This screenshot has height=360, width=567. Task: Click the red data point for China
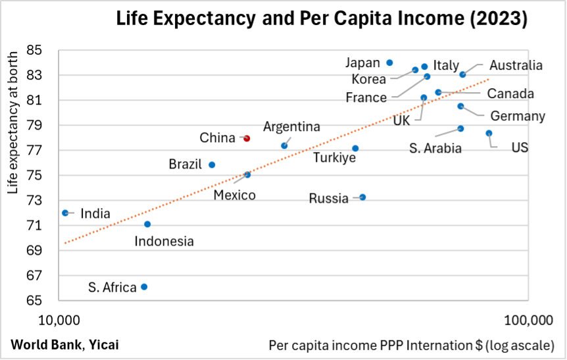(x=247, y=138)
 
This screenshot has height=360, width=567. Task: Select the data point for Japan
(x=389, y=63)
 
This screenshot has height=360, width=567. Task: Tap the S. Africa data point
(x=144, y=287)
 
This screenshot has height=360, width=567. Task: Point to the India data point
(x=65, y=213)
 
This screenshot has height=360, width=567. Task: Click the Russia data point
(x=362, y=197)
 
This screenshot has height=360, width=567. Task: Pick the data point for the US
(x=489, y=133)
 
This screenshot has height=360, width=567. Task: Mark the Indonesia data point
(x=147, y=224)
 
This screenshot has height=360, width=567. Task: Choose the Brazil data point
(x=212, y=165)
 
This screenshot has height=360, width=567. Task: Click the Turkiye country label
(x=334, y=158)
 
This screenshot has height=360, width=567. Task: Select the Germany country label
(x=518, y=116)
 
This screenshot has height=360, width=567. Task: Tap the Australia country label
(x=516, y=65)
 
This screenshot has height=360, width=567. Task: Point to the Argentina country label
(x=291, y=126)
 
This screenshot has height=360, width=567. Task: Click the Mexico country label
(x=234, y=195)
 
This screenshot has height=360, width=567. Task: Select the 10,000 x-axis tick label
(x=60, y=321)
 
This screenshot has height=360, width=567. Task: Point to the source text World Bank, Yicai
(x=64, y=344)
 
